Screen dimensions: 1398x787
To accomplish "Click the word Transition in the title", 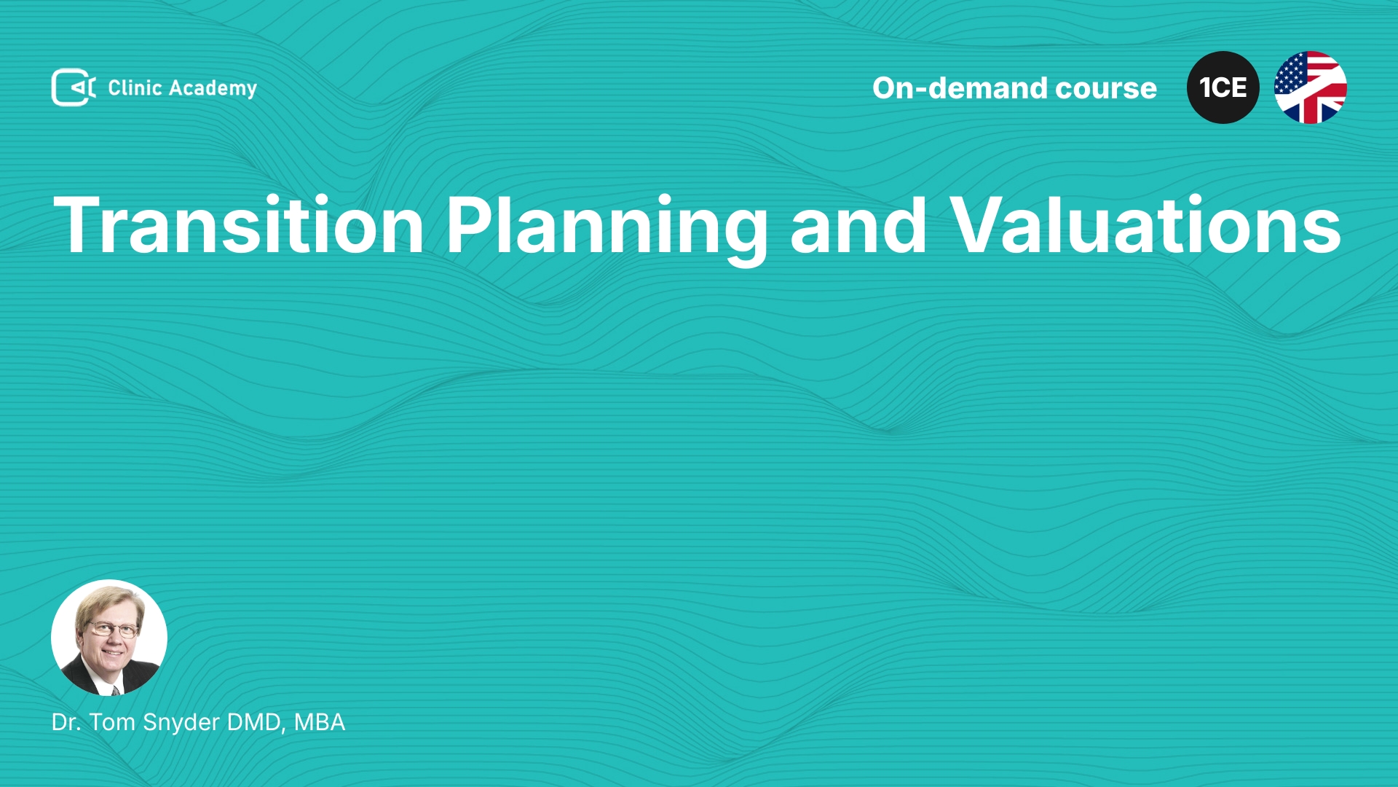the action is [239, 225].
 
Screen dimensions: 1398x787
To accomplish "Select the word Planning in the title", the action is [607, 229].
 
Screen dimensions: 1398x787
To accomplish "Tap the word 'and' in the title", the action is [858, 225].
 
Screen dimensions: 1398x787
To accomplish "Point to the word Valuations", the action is [1145, 225].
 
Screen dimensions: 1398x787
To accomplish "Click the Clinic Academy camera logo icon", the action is [74, 87].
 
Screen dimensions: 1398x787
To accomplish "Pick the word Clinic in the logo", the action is [135, 87].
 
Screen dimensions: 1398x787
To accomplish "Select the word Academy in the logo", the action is [213, 89].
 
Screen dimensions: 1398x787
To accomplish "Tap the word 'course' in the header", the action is [1106, 88].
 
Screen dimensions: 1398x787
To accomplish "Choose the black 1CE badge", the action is [1223, 87].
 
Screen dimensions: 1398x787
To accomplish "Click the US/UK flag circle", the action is [1311, 87].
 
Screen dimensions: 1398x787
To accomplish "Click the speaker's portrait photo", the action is [109, 638].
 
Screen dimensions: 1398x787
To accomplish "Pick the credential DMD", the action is [256, 722].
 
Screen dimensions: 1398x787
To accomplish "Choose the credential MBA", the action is [320, 722].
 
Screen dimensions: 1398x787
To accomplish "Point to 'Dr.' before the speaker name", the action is [66, 722].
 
